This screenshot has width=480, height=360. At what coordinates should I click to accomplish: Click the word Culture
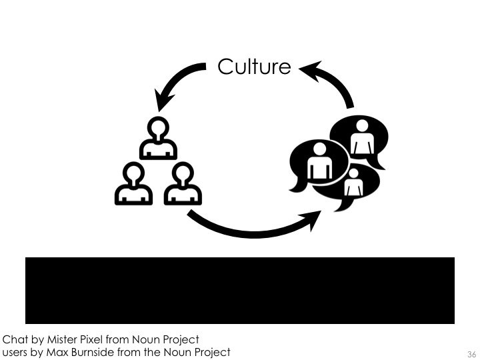(254, 67)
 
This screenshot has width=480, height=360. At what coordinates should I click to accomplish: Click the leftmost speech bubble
(317, 163)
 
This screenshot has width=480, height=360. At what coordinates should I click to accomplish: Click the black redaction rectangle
(240, 290)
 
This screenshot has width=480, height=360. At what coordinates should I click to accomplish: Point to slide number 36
(471, 353)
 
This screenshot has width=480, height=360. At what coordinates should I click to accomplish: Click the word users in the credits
(16, 352)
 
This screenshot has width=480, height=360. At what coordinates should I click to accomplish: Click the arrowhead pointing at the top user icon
(161, 103)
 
